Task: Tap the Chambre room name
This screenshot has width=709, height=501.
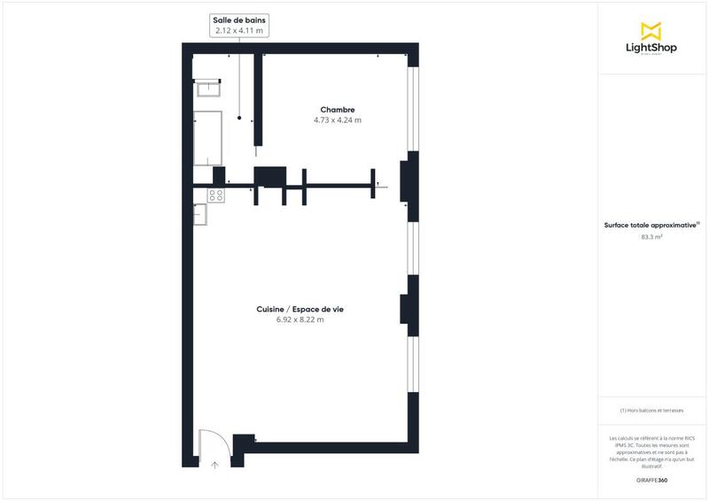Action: tap(338, 110)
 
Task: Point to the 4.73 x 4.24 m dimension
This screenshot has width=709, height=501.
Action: tap(338, 119)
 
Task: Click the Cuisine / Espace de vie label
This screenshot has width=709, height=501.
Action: tap(300, 309)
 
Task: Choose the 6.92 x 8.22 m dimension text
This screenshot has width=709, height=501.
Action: tap(300, 320)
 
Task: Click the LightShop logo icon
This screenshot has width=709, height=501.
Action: tap(652, 31)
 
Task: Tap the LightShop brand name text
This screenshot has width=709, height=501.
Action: tap(652, 48)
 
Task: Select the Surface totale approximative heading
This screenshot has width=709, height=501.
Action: tap(651, 226)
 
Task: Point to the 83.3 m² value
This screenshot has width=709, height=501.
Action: tap(651, 237)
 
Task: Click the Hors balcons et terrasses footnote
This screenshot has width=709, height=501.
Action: tap(651, 410)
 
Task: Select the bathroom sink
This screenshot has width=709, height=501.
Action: tap(209, 88)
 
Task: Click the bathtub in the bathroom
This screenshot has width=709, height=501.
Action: tap(208, 137)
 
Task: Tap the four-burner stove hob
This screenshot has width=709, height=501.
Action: tap(215, 195)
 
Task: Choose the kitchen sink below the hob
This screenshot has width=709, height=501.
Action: tap(200, 212)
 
